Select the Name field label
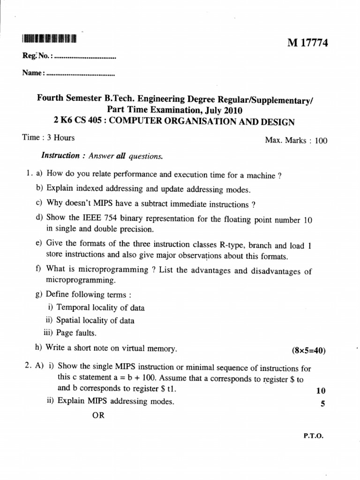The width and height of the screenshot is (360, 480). tap(32, 73)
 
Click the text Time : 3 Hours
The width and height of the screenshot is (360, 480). tap(48, 138)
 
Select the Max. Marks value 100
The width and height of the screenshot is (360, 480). tap(321, 140)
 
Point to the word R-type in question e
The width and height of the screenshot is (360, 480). tap(231, 245)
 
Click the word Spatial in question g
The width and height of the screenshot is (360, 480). tap(69, 321)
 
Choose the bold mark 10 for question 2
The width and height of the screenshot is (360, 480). tap(321, 390)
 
